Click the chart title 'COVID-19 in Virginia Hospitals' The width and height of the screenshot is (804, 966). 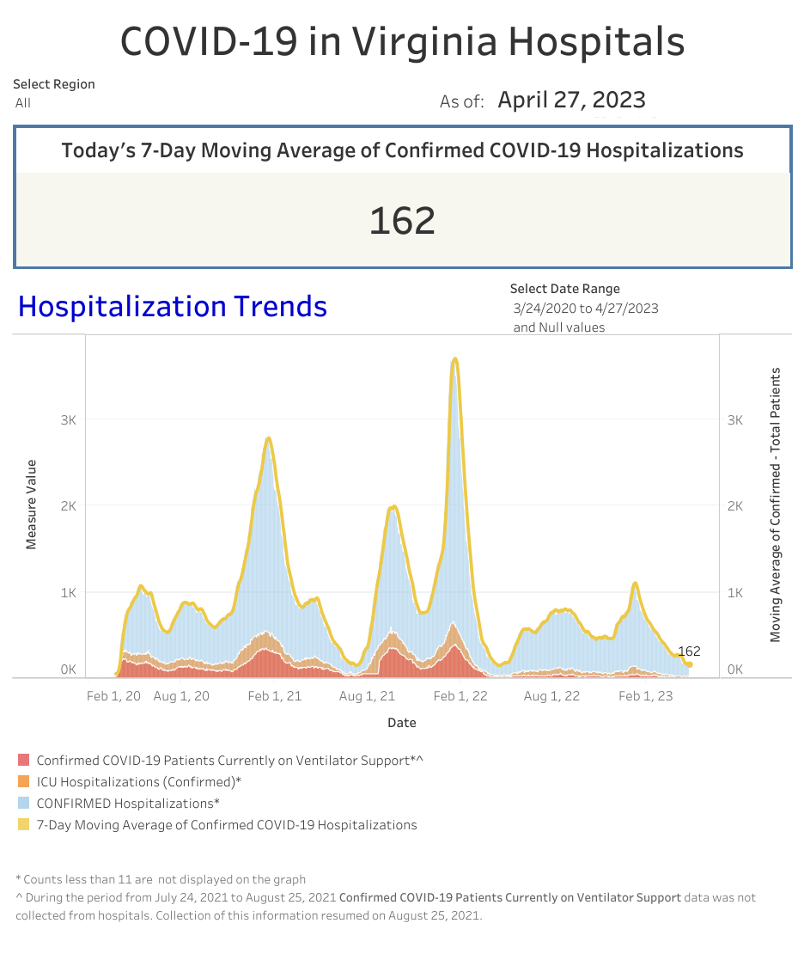[x=402, y=40]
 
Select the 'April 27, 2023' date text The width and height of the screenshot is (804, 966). [x=571, y=101]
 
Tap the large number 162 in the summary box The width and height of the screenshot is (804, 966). [x=402, y=221]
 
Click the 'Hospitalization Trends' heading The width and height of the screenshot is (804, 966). [x=173, y=307]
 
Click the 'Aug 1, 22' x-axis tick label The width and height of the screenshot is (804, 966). [x=551, y=696]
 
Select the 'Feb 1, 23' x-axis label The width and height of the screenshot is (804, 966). [x=646, y=696]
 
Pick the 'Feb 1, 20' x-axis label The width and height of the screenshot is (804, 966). [x=113, y=696]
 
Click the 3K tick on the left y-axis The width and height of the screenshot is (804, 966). [x=68, y=420]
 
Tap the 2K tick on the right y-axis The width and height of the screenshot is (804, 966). [x=735, y=506]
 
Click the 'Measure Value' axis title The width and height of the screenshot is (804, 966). [x=31, y=504]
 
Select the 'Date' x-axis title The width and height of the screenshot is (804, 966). [x=401, y=723]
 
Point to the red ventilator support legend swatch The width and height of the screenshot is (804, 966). [x=23, y=761]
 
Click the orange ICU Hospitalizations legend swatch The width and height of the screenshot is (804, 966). [x=23, y=782]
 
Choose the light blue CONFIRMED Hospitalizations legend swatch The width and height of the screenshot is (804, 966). [x=23, y=804]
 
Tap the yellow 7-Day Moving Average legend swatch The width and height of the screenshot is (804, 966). [x=23, y=825]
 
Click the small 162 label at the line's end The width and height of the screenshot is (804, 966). [x=689, y=651]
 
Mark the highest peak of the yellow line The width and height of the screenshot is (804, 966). [x=455, y=359]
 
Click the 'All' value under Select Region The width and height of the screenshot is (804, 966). [x=23, y=103]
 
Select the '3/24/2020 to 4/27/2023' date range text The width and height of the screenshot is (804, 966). [x=586, y=309]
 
